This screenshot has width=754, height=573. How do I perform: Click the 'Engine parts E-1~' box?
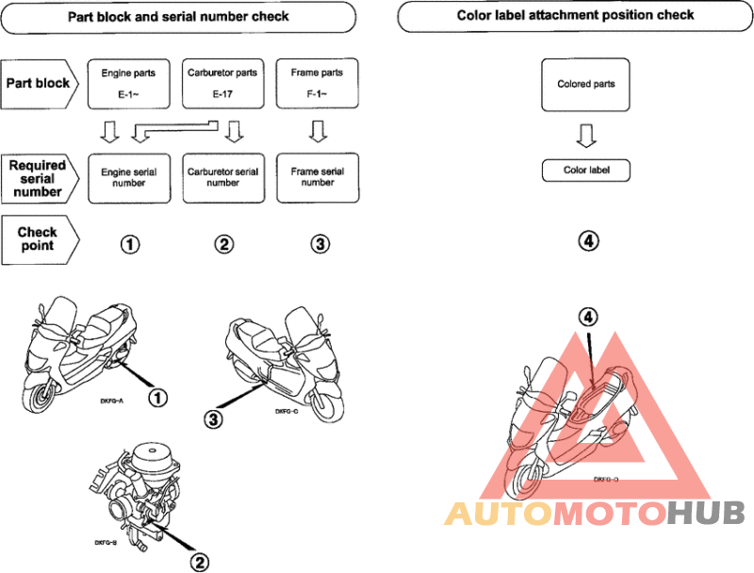128,84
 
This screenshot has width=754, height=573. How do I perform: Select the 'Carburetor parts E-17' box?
222,84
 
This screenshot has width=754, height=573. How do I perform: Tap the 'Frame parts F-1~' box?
317,83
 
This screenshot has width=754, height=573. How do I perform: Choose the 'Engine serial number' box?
129,178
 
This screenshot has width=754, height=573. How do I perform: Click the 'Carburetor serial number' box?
223,178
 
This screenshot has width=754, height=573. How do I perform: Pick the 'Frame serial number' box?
318,177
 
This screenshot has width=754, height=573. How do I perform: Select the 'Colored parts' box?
585,85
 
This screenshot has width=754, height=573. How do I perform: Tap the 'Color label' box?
585,171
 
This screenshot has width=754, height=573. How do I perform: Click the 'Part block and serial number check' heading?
178,17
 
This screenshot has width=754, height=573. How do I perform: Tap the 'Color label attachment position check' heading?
575,16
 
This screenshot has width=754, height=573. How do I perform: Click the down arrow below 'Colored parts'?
586,136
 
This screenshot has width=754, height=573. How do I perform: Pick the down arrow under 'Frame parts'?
318,131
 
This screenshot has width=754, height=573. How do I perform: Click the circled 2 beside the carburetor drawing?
199,562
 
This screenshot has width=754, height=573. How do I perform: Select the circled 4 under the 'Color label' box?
588,240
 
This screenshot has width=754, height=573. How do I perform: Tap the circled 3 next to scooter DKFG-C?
213,419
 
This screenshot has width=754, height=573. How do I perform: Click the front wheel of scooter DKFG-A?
39,397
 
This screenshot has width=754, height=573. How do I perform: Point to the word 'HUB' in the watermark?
706,513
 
